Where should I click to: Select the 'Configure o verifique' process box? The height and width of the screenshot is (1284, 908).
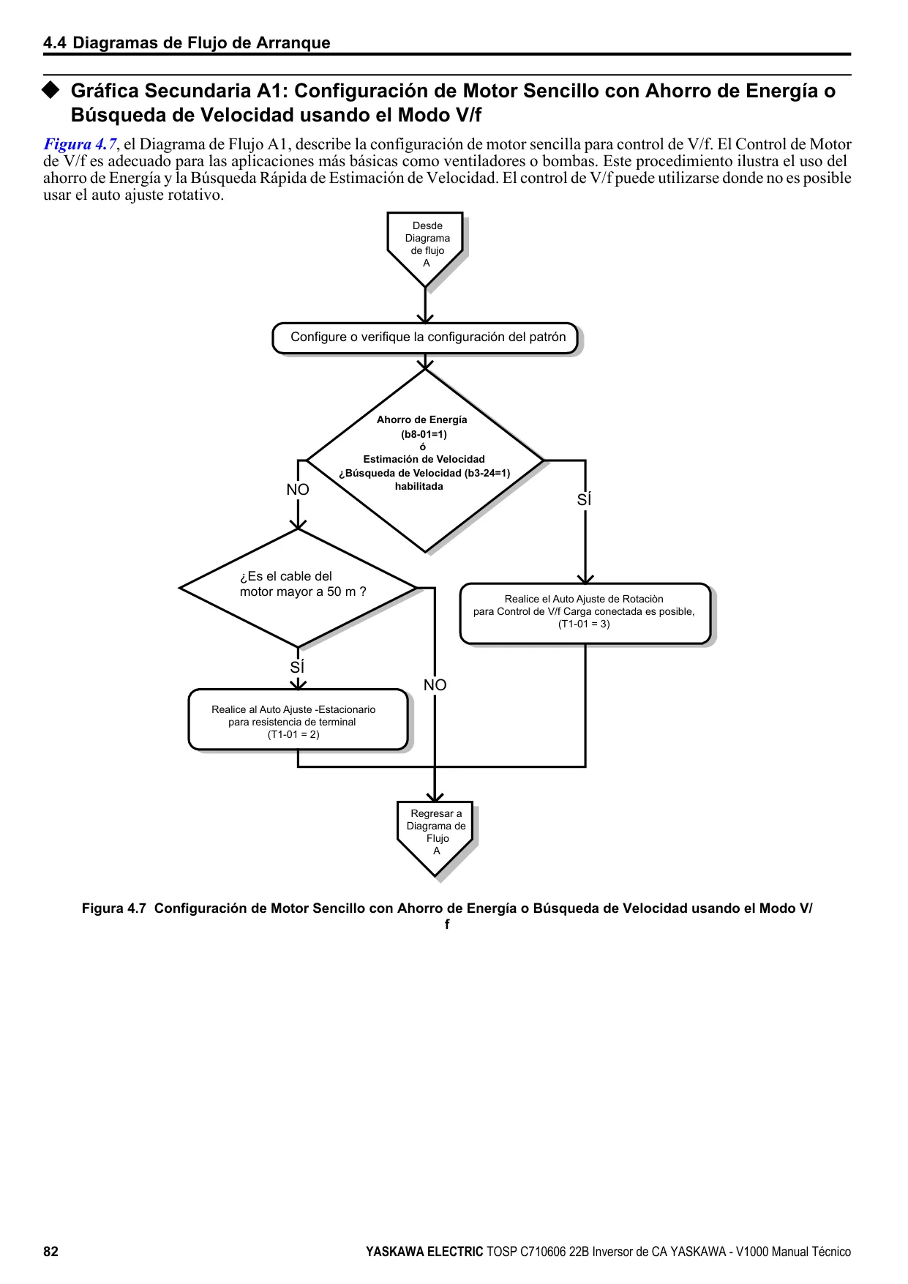[x=425, y=337]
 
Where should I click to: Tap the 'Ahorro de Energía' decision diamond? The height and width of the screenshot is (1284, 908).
[x=425, y=460]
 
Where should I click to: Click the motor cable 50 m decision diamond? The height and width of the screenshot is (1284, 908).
[x=299, y=588]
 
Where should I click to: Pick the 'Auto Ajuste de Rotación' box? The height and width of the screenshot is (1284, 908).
[x=585, y=613]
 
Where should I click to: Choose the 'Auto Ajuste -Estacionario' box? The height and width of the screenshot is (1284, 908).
[x=298, y=720]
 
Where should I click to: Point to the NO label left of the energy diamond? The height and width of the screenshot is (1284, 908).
[x=298, y=490]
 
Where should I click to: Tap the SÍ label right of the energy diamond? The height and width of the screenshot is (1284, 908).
[x=584, y=500]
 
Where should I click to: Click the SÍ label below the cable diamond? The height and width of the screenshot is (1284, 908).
[x=297, y=668]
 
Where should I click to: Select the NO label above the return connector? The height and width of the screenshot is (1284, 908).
[x=435, y=685]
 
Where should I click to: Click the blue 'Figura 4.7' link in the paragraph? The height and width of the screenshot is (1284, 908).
[x=80, y=144]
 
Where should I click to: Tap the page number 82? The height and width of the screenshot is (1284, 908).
[x=50, y=1251]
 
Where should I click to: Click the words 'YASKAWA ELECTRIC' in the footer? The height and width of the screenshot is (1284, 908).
[x=424, y=1252]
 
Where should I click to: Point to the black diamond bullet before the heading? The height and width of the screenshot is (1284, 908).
[x=50, y=90]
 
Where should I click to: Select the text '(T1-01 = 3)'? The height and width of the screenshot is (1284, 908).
[x=584, y=624]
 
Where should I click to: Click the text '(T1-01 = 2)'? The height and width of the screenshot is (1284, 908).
[x=293, y=734]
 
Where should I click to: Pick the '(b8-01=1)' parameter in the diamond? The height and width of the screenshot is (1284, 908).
[x=424, y=434]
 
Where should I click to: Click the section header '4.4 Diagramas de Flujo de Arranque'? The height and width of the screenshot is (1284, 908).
[x=187, y=42]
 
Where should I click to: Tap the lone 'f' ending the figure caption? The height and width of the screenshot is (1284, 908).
[x=447, y=924]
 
